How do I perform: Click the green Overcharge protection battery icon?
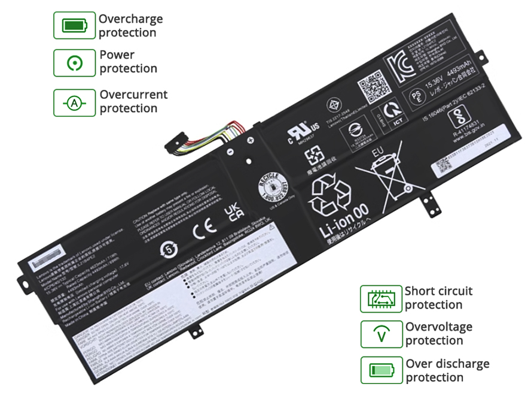pyautogui.click(x=74, y=26)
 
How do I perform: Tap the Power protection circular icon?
pyautogui.click(x=74, y=62)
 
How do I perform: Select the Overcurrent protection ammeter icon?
pyautogui.click(x=74, y=102)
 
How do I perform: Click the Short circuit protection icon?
pyautogui.click(x=381, y=298)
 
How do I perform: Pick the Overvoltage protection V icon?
pyautogui.click(x=381, y=334)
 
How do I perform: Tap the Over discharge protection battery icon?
pyautogui.click(x=381, y=370)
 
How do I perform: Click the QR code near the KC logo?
pyautogui.click(x=370, y=87)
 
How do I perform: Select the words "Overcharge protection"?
pyautogui.click(x=130, y=26)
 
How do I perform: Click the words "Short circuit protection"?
pyautogui.click(x=438, y=298)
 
